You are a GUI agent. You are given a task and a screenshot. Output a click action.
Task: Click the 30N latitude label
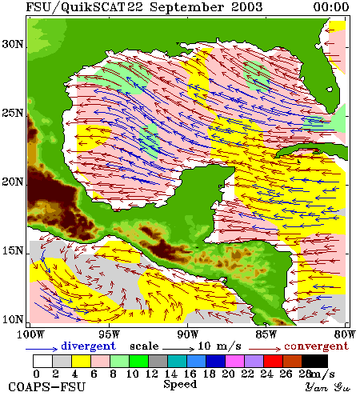tap(13, 44)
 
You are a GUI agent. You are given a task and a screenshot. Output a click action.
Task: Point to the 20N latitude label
tap(13, 182)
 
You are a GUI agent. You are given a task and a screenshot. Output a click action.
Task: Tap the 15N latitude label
tap(13, 250)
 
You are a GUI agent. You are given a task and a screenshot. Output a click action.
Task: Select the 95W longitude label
tap(109, 334)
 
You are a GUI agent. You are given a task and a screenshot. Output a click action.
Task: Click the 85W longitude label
tap(266, 334)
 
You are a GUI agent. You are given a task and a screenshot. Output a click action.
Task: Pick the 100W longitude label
tap(30, 334)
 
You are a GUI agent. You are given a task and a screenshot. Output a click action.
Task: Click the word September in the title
tap(186, 7)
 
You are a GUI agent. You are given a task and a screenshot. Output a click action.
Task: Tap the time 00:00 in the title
tap(331, 7)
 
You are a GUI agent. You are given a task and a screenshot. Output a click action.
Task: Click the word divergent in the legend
tap(89, 346)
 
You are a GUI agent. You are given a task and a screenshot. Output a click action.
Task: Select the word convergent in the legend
tap(317, 346)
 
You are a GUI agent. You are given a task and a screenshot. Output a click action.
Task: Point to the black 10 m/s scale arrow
tap(178, 349)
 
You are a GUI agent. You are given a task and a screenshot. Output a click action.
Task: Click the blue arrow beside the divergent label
tap(42, 349)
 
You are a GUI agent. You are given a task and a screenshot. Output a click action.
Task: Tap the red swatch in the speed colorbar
tap(273, 361)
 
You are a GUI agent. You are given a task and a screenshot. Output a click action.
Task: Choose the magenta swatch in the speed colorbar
tap(235, 361)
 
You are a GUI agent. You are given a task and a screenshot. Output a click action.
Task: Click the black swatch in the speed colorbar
tap(314, 361)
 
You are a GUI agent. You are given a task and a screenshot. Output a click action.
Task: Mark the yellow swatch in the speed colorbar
tap(81, 361)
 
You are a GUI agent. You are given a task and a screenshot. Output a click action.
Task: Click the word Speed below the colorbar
tap(180, 385)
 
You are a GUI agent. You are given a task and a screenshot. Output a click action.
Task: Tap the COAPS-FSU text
tap(47, 387)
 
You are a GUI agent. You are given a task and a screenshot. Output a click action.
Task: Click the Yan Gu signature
tap(328, 387)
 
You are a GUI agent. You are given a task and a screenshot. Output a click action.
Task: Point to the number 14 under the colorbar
tap(171, 374)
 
